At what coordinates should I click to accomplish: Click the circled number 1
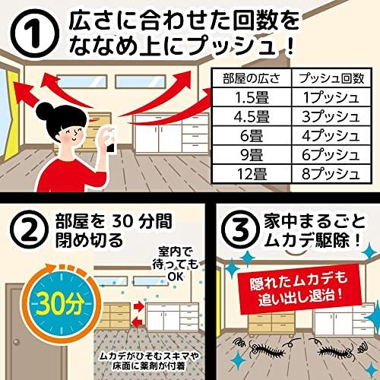pyautogui.click(x=36, y=34)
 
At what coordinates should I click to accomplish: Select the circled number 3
pyautogui.click(x=241, y=229)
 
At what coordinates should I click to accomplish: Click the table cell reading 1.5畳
pyautogui.click(x=252, y=97)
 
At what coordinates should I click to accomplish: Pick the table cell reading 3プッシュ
pyautogui.click(x=331, y=117)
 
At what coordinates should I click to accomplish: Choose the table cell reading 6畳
pyautogui.click(x=252, y=136)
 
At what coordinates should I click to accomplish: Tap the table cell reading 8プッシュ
pyautogui.click(x=331, y=174)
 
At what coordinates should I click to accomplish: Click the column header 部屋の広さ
pyautogui.click(x=252, y=78)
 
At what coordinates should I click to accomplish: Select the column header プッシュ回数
pyautogui.click(x=331, y=78)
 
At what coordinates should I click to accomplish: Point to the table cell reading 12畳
pyautogui.click(x=252, y=174)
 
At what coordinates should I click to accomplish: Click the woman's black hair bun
pyautogui.click(x=44, y=111)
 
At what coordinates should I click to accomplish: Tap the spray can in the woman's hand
pyautogui.click(x=110, y=140)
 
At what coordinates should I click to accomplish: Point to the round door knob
pyautogui.click(x=16, y=342)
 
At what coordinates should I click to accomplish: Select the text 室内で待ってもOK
pyautogui.click(x=176, y=264)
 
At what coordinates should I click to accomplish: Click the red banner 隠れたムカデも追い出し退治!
pyautogui.click(x=299, y=289)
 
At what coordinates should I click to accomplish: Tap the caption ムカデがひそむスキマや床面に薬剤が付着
pyautogui.click(x=149, y=361)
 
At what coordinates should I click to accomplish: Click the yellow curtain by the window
pyautogui.click(x=12, y=116)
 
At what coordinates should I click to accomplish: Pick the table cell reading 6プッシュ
pyautogui.click(x=331, y=155)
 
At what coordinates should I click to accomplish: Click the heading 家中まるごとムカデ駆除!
pyautogui.click(x=313, y=230)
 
